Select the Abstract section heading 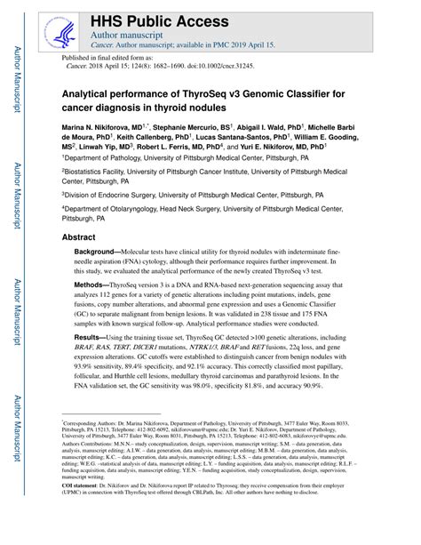(x=80, y=238)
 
